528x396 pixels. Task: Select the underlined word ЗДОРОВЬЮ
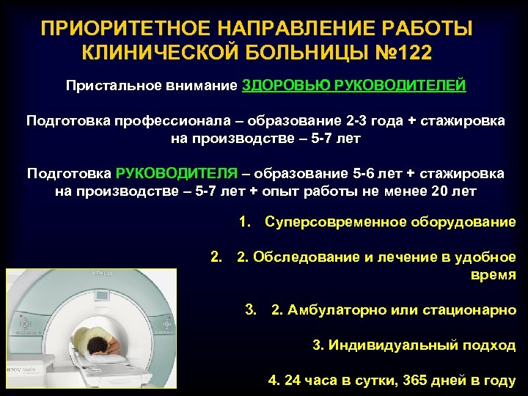(286, 86)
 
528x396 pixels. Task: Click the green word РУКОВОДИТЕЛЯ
(176, 174)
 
